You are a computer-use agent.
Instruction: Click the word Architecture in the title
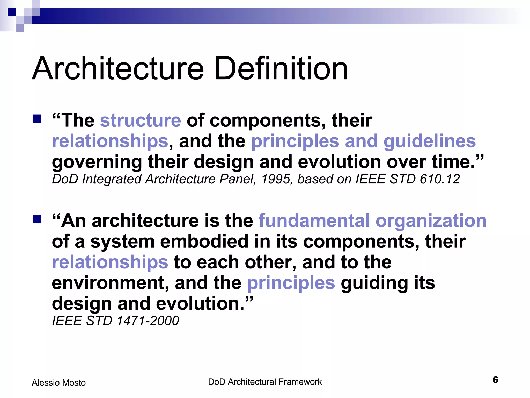[118, 69]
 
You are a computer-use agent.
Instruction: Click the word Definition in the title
[281, 69]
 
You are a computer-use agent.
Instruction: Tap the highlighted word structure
[141, 120]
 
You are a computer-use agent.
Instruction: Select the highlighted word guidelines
[430, 141]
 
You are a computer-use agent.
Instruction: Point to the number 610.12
[440, 179]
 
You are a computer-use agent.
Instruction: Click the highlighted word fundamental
[314, 221]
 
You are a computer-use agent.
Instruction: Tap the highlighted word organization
[431, 221]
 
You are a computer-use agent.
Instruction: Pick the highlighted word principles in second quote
[291, 283]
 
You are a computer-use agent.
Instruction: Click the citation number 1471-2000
[148, 321]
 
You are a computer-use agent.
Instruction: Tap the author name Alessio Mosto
[59, 383]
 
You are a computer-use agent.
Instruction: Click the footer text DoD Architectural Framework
[265, 382]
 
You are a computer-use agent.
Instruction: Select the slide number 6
[495, 380]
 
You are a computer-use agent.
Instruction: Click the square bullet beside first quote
[37, 119]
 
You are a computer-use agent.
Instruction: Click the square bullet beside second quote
[37, 219]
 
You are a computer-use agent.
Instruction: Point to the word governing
[97, 162]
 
